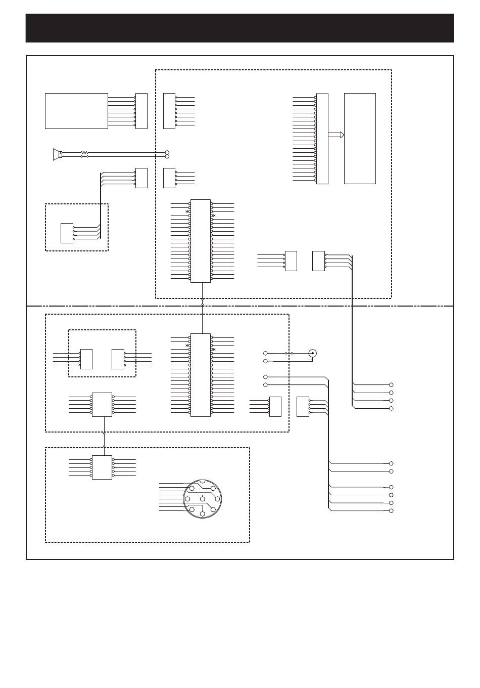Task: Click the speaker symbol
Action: (x=57, y=154)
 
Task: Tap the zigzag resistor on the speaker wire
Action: (x=84, y=152)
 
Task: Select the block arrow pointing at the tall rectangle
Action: (x=336, y=135)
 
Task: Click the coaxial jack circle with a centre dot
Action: (x=313, y=353)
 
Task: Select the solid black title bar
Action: (x=240, y=28)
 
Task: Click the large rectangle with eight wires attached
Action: (x=76, y=111)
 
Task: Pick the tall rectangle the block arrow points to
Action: (x=360, y=138)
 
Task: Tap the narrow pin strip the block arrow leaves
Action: (x=322, y=138)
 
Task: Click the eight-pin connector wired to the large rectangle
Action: (x=141, y=111)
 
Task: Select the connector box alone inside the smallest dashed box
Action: (x=67, y=233)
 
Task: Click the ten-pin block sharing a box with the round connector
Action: (x=102, y=467)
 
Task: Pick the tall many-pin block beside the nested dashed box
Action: (x=200, y=375)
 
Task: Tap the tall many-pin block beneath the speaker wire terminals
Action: (x=200, y=241)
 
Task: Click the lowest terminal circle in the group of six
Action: (x=392, y=511)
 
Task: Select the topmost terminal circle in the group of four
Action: (x=392, y=384)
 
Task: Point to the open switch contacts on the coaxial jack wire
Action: (x=289, y=353)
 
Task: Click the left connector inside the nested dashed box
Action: (x=86, y=359)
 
